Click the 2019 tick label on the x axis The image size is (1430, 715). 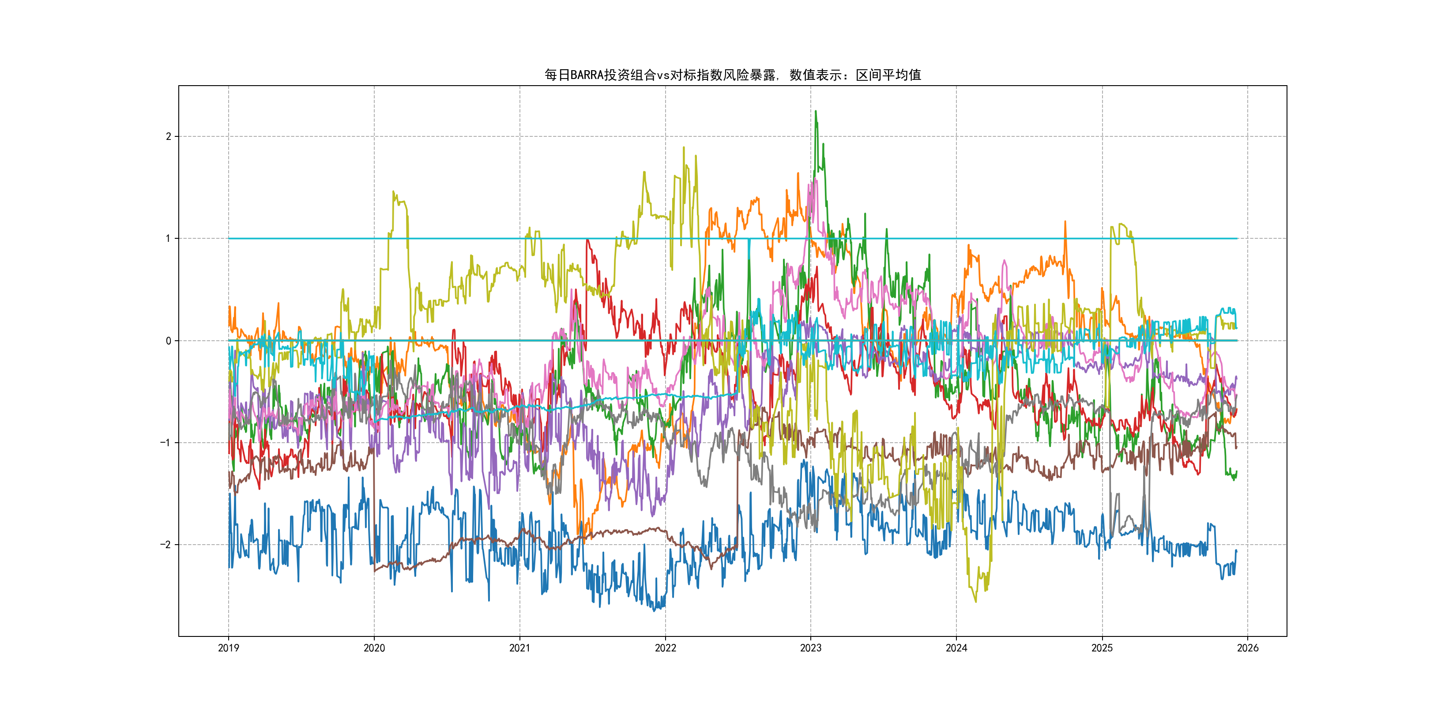coord(228,648)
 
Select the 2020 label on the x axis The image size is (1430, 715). coord(374,648)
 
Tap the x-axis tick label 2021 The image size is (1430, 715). coord(519,648)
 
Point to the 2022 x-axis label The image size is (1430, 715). coord(665,648)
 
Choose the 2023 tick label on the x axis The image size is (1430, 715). coord(810,648)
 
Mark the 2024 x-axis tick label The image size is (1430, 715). coord(956,648)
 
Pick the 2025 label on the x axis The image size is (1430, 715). coord(1102,648)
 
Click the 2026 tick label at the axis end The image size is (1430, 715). coord(1248,648)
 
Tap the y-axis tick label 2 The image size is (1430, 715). coord(168,136)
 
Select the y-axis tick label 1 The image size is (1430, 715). coord(168,239)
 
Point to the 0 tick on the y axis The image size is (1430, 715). coord(168,341)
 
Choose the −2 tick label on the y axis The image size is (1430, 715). coord(166,545)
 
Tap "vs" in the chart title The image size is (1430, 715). coord(663,75)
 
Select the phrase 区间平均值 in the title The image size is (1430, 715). coord(888,75)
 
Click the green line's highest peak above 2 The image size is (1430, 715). coord(816,112)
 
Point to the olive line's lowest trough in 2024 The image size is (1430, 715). coord(975,601)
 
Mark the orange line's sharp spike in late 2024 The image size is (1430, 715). coord(1065,222)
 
